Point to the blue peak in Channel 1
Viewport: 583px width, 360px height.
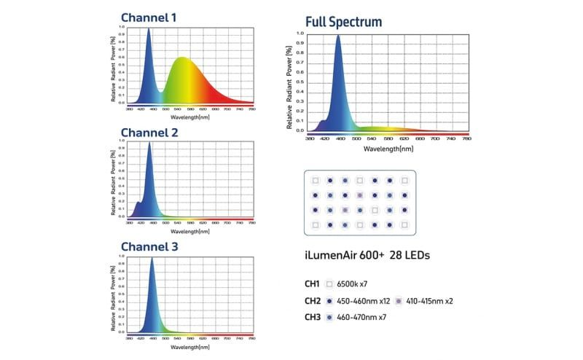(149, 30)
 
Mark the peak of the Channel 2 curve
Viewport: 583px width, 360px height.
(149, 143)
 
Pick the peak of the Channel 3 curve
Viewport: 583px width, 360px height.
(152, 258)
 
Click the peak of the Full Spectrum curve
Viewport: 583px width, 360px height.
(338, 36)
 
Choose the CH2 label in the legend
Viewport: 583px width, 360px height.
(311, 300)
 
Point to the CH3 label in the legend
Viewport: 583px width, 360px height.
(311, 317)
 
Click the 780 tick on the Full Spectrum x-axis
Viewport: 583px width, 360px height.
(466, 138)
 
